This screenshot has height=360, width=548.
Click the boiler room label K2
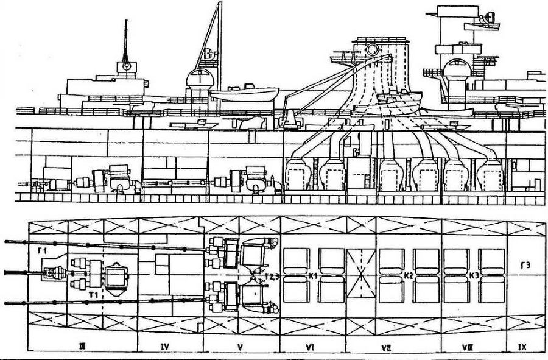409,276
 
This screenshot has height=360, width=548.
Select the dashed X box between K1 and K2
361,275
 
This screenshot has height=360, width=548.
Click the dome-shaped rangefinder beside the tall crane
200,81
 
